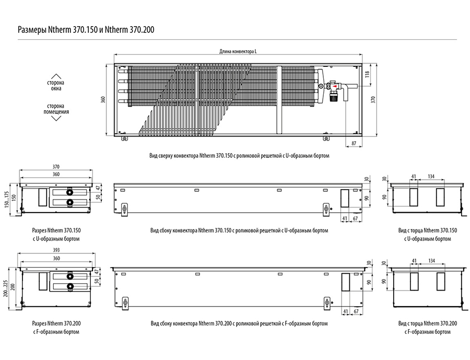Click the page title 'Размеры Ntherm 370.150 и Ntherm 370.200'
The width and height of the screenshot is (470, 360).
[86, 30]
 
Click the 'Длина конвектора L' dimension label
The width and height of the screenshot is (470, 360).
[238, 51]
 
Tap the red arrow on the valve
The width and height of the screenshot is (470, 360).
[335, 87]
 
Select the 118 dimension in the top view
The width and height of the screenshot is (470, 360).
[368, 74]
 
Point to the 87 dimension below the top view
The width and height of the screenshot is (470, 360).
[354, 143]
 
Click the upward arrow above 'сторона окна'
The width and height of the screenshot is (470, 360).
[56, 76]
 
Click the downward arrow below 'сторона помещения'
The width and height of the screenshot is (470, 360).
[56, 118]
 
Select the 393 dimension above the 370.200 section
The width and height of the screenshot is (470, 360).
[56, 250]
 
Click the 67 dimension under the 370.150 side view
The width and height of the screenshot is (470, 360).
[356, 219]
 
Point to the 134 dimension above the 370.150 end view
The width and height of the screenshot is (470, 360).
[431, 177]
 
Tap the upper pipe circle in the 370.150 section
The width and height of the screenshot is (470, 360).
[69, 192]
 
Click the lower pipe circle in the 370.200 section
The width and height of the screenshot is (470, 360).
[69, 286]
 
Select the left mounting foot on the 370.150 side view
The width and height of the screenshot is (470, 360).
[124, 209]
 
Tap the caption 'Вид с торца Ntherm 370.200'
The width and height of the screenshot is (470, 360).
[427, 323]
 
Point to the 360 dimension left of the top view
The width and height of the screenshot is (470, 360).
[103, 100]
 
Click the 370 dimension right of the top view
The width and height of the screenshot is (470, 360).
[373, 100]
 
